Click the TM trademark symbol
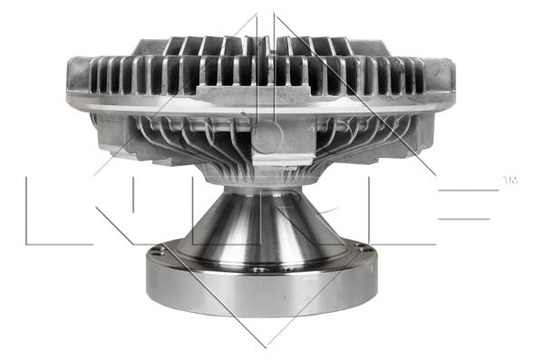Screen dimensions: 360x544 510,181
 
